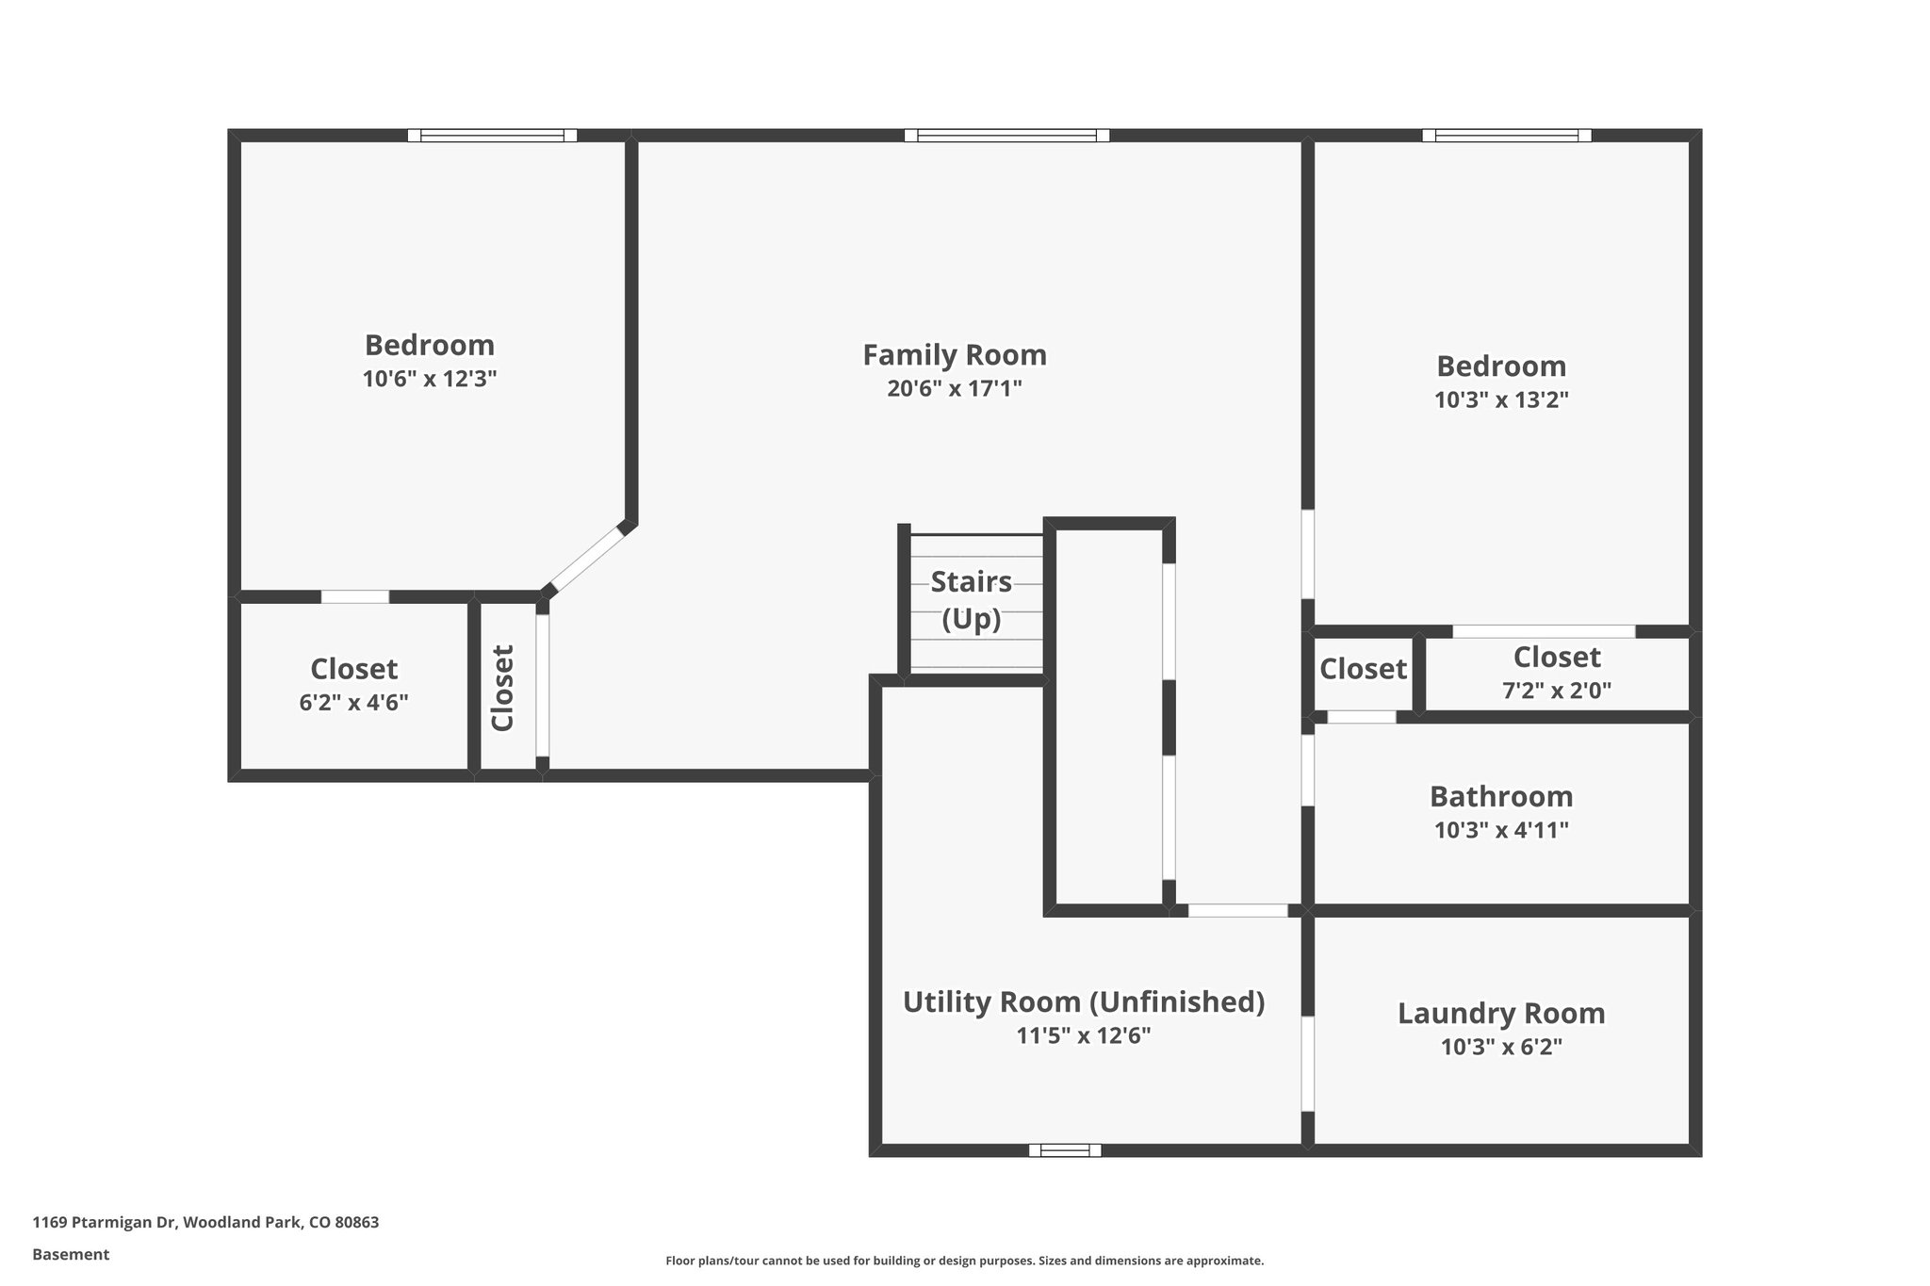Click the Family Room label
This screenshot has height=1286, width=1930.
pyautogui.click(x=954, y=355)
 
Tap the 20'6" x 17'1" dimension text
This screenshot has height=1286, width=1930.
pyautogui.click(x=954, y=388)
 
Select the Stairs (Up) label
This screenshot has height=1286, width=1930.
pyautogui.click(x=971, y=600)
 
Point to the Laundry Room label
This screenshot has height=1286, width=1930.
pyautogui.click(x=1500, y=1014)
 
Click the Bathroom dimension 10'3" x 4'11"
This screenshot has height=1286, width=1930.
pyautogui.click(x=1500, y=830)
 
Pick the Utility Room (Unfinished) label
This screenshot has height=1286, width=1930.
pyautogui.click(x=1083, y=1001)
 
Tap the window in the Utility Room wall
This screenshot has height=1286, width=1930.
pyautogui.click(x=1064, y=1149)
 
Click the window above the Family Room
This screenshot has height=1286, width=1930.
pyautogui.click(x=1006, y=136)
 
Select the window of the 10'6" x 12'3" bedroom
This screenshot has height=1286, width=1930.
pyautogui.click(x=492, y=136)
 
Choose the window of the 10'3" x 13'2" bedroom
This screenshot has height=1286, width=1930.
pyautogui.click(x=1506, y=136)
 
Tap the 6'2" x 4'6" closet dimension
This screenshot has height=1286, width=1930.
pyautogui.click(x=353, y=703)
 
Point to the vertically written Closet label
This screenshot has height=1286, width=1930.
pyautogui.click(x=502, y=688)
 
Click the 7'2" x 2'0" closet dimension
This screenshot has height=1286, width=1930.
pyautogui.click(x=1556, y=691)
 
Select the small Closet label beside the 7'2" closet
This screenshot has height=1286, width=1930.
pyautogui.click(x=1362, y=669)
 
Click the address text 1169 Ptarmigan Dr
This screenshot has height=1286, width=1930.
pyautogui.click(x=205, y=1223)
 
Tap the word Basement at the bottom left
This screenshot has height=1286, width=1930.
pyautogui.click(x=71, y=1255)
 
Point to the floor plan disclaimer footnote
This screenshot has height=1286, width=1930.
pyautogui.click(x=964, y=1261)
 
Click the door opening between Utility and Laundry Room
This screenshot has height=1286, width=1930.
pyautogui.click(x=1308, y=1064)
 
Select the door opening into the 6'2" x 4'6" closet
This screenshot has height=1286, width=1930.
pyautogui.click(x=355, y=596)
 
